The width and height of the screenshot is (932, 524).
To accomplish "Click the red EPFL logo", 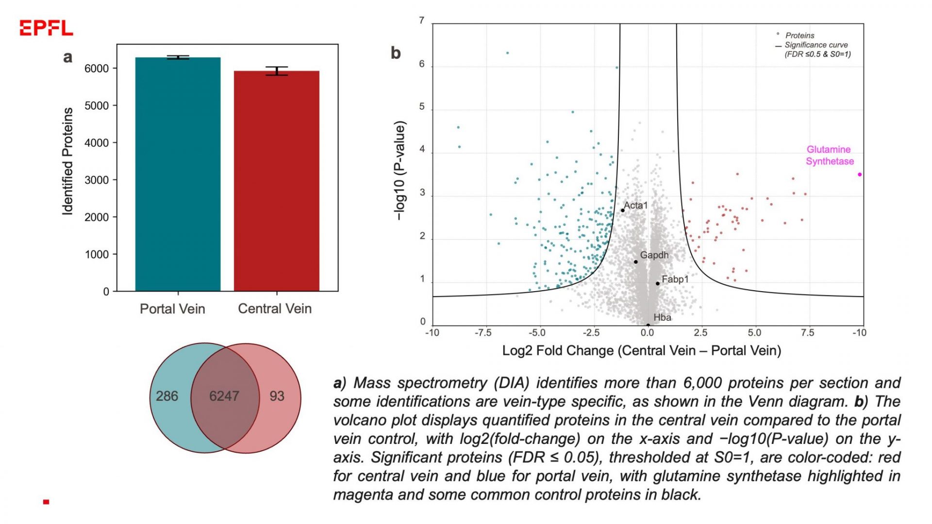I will pyautogui.click(x=46, y=28).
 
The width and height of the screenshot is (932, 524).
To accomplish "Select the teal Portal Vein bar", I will pyautogui.click(x=178, y=175).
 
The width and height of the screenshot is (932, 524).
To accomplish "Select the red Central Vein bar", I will pyautogui.click(x=276, y=182).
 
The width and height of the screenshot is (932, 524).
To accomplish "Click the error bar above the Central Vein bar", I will pyautogui.click(x=277, y=71).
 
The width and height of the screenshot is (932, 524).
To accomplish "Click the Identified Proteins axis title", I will pyautogui.click(x=67, y=162).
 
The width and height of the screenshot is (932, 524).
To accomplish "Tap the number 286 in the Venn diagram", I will pyautogui.click(x=167, y=396).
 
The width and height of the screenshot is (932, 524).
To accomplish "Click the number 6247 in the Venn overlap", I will pyautogui.click(x=224, y=396).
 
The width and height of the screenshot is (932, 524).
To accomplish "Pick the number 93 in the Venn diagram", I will pyautogui.click(x=277, y=396).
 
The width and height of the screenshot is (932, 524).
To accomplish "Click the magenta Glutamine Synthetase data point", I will pyautogui.click(x=860, y=175).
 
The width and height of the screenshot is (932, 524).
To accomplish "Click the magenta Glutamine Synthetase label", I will pyautogui.click(x=830, y=155).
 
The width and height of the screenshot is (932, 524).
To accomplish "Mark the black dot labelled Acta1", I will pyautogui.click(x=623, y=211).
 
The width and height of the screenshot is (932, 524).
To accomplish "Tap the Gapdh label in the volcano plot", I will pyautogui.click(x=654, y=255).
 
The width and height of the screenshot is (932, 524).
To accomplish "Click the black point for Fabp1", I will pyautogui.click(x=658, y=283).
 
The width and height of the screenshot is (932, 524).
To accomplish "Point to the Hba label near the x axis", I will pyautogui.click(x=662, y=318).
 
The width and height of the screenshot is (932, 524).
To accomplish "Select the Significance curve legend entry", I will pyautogui.click(x=815, y=45).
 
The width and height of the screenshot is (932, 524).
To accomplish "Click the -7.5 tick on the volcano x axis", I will pyautogui.click(x=483, y=333).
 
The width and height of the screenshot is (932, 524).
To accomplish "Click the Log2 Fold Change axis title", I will pyautogui.click(x=641, y=351).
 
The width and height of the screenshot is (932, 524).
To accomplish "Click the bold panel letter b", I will pyautogui.click(x=396, y=53).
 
